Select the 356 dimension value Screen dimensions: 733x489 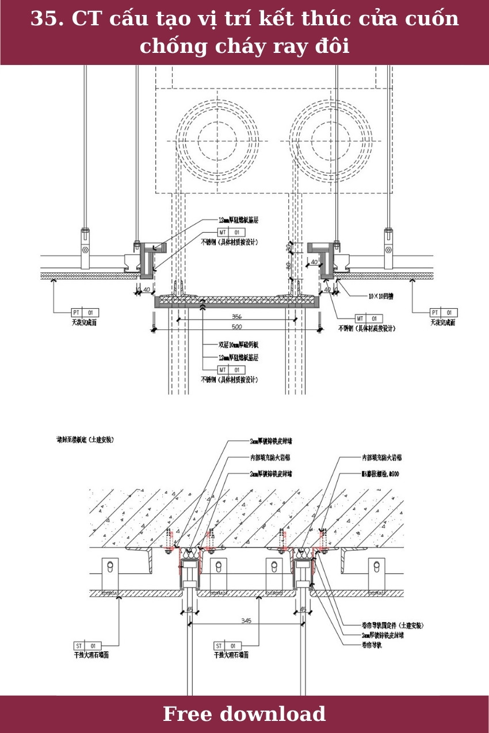point(236,316)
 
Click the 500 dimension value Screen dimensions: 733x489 point(236,327)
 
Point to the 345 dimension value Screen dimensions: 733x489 point(246,620)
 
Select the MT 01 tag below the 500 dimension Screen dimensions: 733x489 point(231,369)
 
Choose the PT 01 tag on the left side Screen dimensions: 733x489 point(85,313)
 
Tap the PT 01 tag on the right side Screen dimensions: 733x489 point(444,313)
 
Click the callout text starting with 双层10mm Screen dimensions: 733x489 point(238,345)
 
